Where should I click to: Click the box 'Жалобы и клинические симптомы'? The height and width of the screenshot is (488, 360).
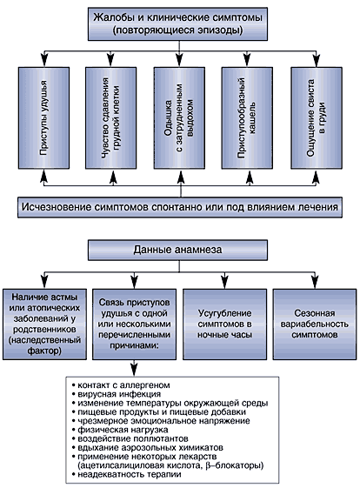pyautogui.click(x=177, y=24)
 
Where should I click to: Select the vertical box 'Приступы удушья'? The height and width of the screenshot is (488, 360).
pyautogui.click(x=43, y=118)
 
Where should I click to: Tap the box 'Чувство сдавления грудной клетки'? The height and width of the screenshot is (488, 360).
pyautogui.click(x=110, y=118)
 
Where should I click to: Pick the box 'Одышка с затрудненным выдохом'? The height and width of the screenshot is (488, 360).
pyautogui.click(x=179, y=118)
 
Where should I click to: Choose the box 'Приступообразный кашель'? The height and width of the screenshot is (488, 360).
pyautogui.click(x=247, y=118)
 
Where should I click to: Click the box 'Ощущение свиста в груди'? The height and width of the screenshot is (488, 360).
pyautogui.click(x=317, y=118)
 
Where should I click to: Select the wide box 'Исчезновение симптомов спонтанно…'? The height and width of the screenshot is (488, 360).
pyautogui.click(x=180, y=207)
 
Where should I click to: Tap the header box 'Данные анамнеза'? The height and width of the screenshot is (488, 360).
pyautogui.click(x=177, y=250)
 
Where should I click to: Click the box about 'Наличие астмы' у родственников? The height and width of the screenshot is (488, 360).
pyautogui.click(x=44, y=324)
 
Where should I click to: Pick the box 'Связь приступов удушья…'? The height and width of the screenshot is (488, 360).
pyautogui.click(x=135, y=324)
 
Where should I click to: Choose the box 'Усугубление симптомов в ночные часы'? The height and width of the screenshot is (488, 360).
pyautogui.click(x=224, y=324)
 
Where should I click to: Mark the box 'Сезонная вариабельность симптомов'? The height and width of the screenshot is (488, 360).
pyautogui.click(x=315, y=324)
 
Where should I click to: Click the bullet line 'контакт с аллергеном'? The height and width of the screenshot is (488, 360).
pyautogui.click(x=121, y=385)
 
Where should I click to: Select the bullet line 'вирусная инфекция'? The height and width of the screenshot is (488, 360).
pyautogui.click(x=117, y=394)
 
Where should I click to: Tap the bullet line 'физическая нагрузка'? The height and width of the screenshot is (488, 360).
pyautogui.click(x=120, y=430)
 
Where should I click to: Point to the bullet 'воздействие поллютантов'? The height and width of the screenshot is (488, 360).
pyautogui.click(x=130, y=438)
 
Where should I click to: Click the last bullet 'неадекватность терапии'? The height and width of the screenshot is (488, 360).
pyautogui.click(x=127, y=475)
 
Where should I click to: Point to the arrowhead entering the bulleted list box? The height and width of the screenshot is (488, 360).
pyautogui.click(x=134, y=371)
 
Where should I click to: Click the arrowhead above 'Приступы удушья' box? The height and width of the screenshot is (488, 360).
pyautogui.click(x=44, y=60)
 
